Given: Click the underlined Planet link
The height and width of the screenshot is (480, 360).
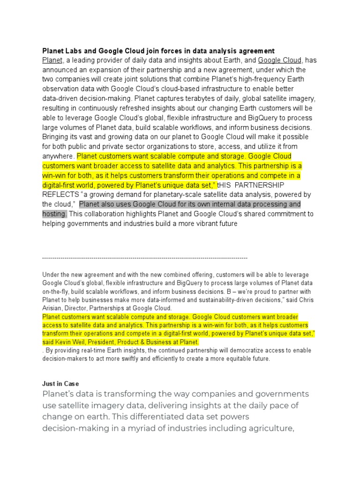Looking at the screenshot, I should (x=52, y=60).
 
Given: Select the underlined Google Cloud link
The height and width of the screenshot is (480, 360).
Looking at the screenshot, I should (x=280, y=60).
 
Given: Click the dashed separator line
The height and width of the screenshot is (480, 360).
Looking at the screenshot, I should (x=145, y=258).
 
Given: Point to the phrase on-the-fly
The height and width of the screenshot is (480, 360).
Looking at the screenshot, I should (x=58, y=292).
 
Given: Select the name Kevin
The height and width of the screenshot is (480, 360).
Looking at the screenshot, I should (x=65, y=342).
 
